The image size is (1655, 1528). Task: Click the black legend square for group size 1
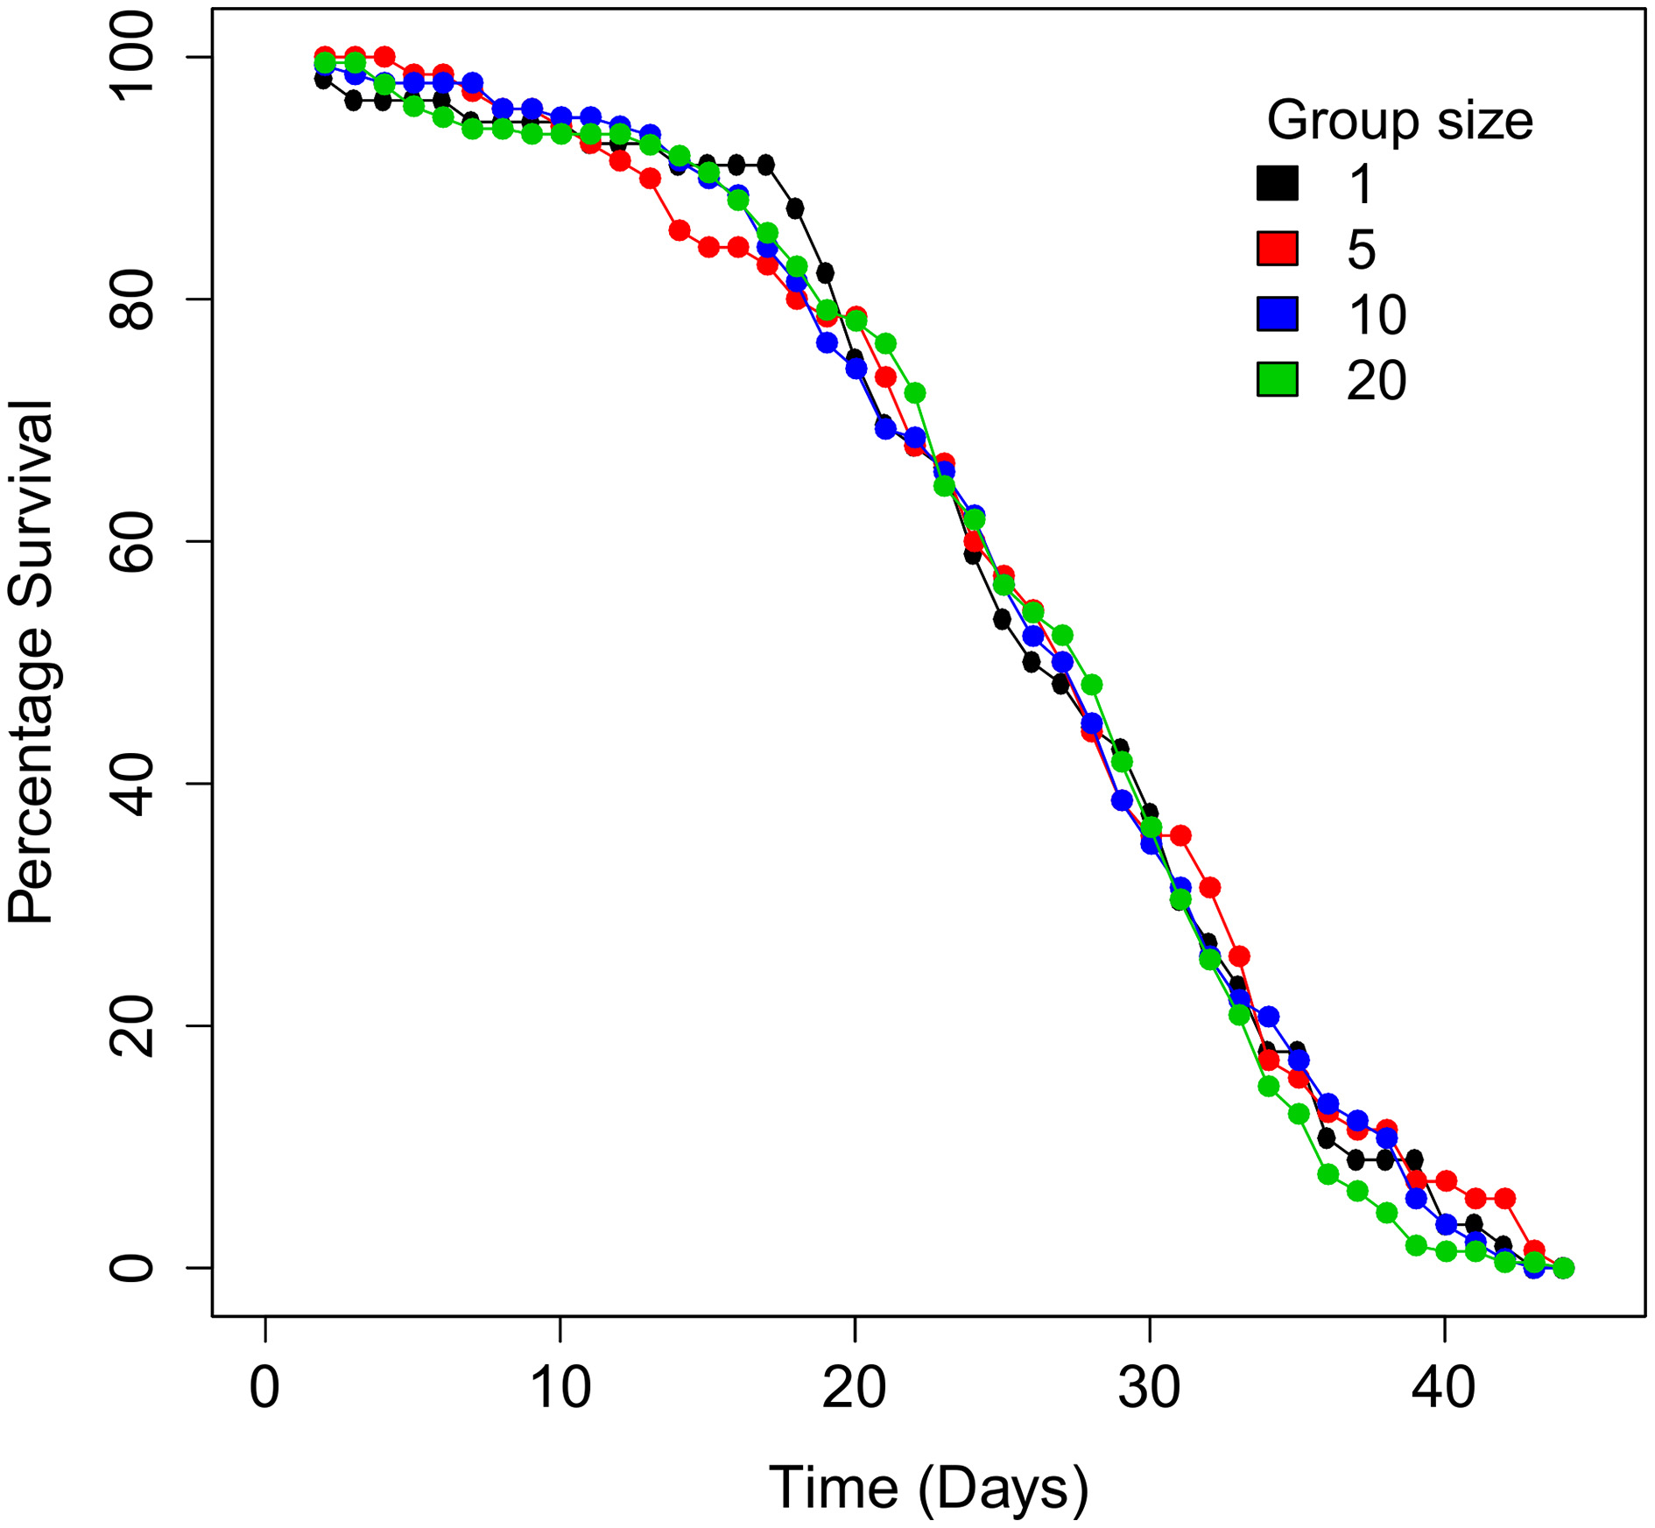[x=1277, y=184]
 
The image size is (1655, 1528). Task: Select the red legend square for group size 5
[x=1277, y=249]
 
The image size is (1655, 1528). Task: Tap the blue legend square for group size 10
[x=1277, y=314]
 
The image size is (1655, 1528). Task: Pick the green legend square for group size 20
[x=1277, y=380]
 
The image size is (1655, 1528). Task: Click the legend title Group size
[x=1399, y=121]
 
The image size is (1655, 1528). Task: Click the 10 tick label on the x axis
[x=560, y=1388]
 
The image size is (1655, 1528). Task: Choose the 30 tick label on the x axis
[x=1149, y=1388]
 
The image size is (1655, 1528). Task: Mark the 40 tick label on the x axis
[x=1444, y=1388]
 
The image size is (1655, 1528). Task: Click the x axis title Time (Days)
[x=928, y=1488]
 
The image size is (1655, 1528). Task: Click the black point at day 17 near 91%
[x=766, y=165]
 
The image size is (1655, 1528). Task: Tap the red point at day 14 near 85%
[x=679, y=231]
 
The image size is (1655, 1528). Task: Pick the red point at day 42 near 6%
[x=1504, y=1198]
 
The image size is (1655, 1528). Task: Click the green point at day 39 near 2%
[x=1416, y=1245]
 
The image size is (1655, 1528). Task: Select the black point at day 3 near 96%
[x=354, y=102]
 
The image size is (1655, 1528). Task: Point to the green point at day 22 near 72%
[x=915, y=393]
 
